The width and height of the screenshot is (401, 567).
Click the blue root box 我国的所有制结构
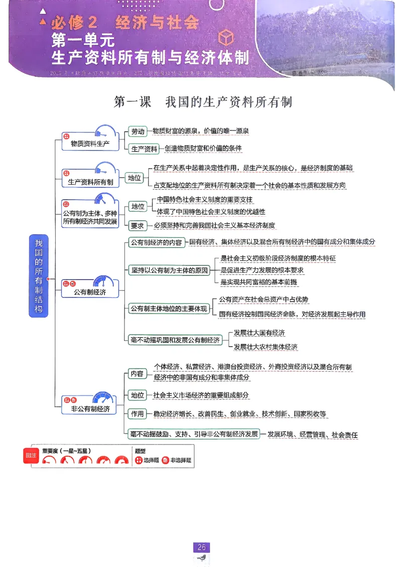tap(39, 276)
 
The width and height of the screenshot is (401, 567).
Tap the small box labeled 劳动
tap(137, 131)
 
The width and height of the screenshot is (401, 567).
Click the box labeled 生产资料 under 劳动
tap(144, 149)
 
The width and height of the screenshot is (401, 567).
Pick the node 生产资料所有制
tap(90, 182)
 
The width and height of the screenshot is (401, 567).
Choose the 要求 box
tap(137, 225)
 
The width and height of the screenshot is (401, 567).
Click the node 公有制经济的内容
tap(156, 242)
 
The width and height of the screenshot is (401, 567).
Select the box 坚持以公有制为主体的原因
tap(169, 270)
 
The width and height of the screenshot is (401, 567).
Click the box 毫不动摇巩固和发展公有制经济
tap(175, 340)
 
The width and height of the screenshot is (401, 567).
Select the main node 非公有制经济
tap(90, 409)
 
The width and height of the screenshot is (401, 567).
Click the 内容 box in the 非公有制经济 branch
tap(137, 374)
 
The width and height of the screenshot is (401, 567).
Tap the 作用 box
tap(137, 414)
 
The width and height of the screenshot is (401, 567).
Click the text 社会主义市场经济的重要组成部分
tap(200, 395)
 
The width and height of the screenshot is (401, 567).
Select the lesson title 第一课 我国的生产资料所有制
tap(203, 102)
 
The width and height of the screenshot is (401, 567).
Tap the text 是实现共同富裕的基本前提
tap(259, 282)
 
